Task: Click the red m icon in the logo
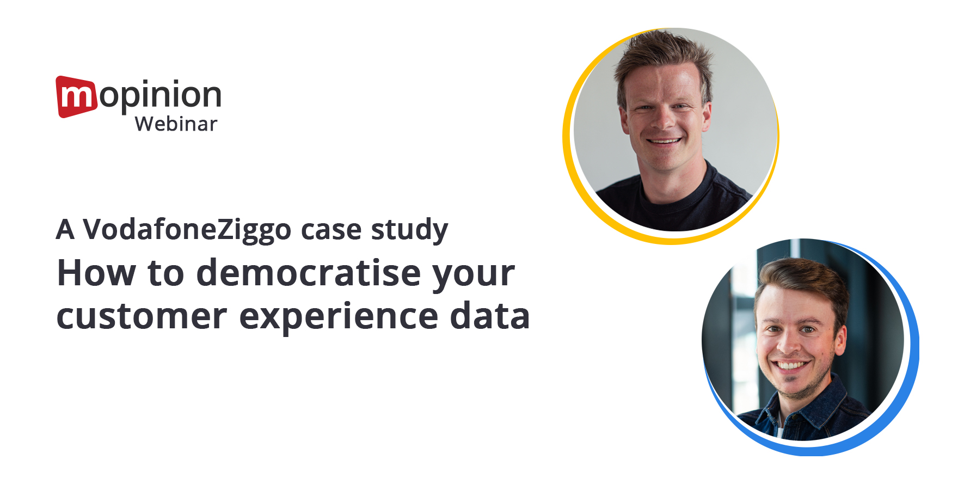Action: pyautogui.click(x=76, y=97)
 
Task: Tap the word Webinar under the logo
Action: pyautogui.click(x=176, y=124)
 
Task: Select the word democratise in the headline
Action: pyautogui.click(x=308, y=273)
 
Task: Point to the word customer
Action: pyautogui.click(x=142, y=317)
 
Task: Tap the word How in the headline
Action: pyautogui.click(x=96, y=273)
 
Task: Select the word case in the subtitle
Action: pyautogui.click(x=331, y=231)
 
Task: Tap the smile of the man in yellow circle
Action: pyautogui.click(x=664, y=142)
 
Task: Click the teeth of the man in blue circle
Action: pyautogui.click(x=791, y=365)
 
